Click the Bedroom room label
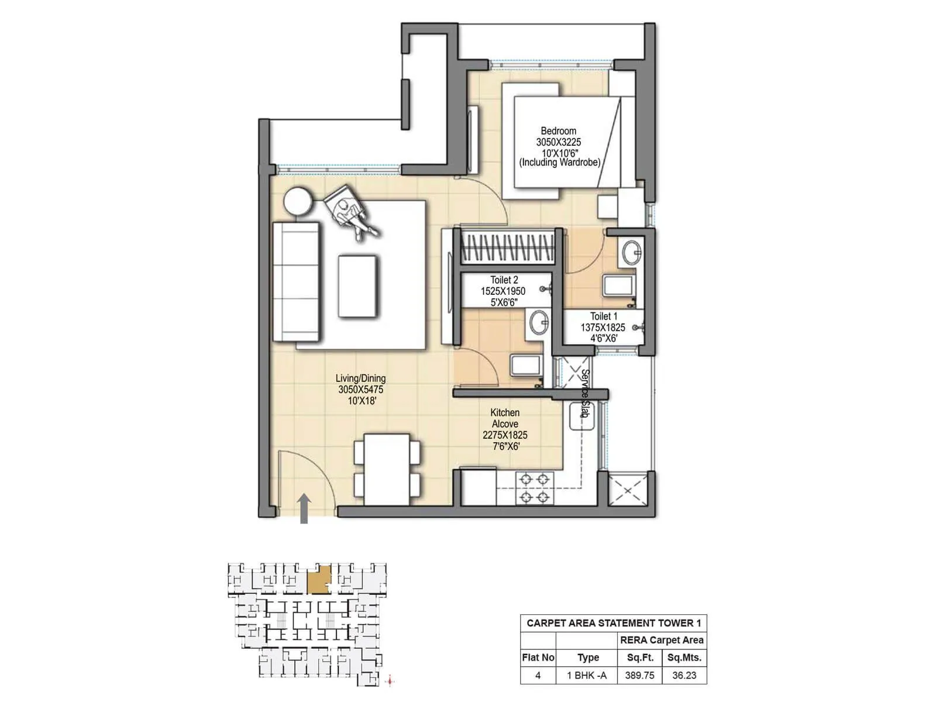pos(558,131)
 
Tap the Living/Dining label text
pos(360,378)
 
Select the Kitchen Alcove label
pos(505,418)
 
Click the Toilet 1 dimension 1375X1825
pos(603,328)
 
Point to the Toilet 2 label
pos(504,280)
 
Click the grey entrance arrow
pos(304,508)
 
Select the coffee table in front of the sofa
pos(357,285)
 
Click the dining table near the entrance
pos(387,469)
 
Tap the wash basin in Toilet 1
pos(632,252)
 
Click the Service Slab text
pos(585,393)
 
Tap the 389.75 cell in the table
pos(640,675)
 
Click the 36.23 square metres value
pos(684,675)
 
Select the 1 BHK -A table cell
pos(587,675)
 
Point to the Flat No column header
pos(538,658)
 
